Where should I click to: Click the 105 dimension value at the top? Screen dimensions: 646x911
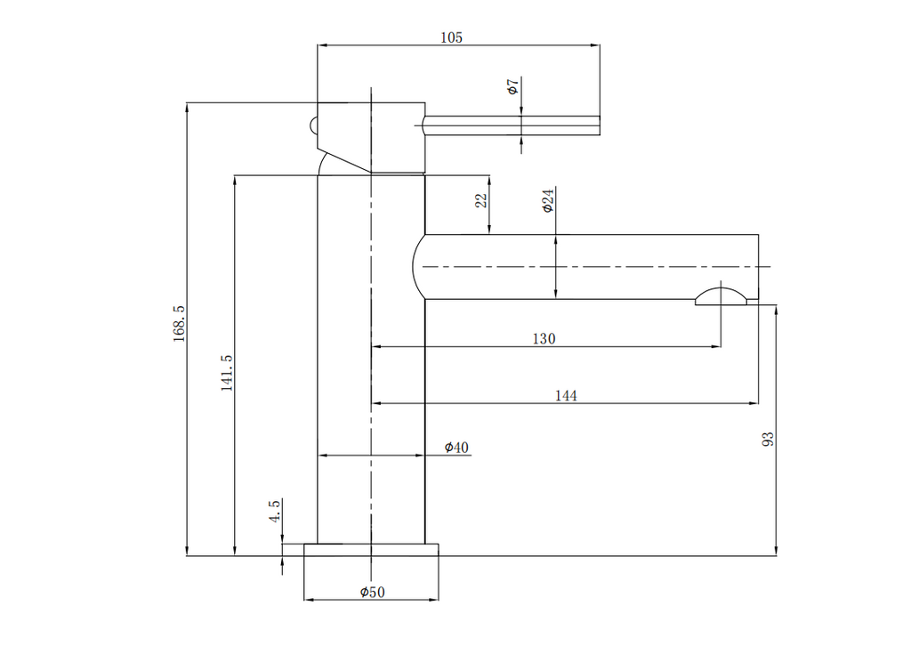(x=452, y=37)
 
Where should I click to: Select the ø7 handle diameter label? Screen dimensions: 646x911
(x=512, y=87)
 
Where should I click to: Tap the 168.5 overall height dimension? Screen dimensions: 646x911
(x=179, y=323)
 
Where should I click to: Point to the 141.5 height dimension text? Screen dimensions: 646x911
(x=227, y=373)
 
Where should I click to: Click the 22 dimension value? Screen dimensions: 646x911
(x=481, y=201)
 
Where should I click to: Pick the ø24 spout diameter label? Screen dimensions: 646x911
(x=548, y=200)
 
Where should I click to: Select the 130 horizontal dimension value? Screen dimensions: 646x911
(x=544, y=338)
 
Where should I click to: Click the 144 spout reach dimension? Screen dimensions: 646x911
(x=567, y=395)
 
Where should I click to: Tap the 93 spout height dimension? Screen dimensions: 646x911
(x=769, y=438)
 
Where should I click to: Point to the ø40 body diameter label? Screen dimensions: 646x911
(x=457, y=447)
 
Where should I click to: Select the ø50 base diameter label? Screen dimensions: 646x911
(x=372, y=593)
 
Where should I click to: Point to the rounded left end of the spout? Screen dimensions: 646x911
(x=418, y=267)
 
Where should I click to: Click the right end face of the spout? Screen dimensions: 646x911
(x=757, y=267)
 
